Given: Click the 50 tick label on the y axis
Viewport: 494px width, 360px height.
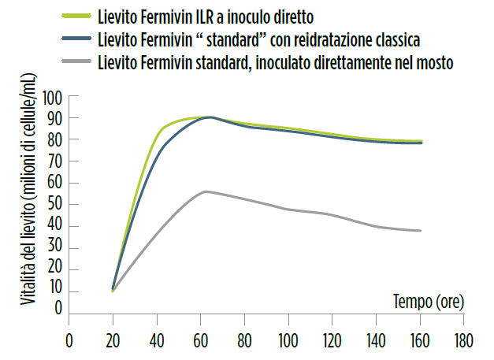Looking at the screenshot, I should point(54,205).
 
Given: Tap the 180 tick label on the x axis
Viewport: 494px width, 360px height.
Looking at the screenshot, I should point(462,342).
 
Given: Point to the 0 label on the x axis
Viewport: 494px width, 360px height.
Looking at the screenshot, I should point(69,342).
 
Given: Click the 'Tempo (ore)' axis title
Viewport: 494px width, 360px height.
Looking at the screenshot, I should point(428,300).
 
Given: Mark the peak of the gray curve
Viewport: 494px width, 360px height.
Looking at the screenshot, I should point(206,191).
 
